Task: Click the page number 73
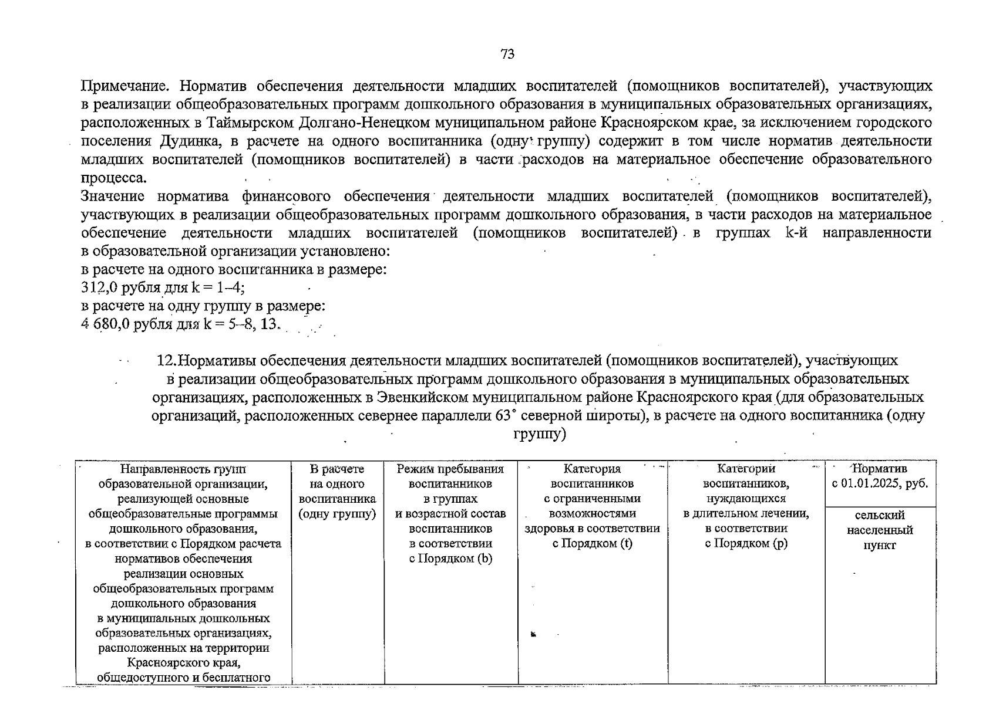507,55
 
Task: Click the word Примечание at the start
124,87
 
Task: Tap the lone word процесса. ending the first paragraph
114,178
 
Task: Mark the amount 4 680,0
105,324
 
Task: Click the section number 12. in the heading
167,361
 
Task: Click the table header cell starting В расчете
337,492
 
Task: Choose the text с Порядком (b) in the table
450,559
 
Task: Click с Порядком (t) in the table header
592,543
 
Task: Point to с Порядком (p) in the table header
746,543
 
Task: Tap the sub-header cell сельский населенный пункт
880,530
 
